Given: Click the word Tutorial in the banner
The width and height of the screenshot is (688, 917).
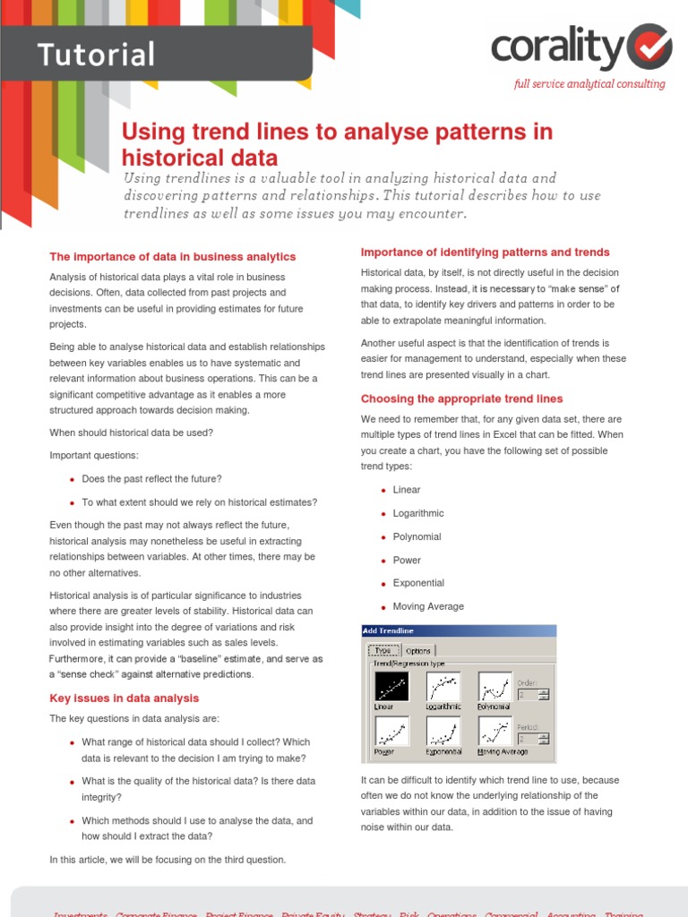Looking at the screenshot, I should [x=96, y=55].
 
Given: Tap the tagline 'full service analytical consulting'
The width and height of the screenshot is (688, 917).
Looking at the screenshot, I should [x=589, y=84].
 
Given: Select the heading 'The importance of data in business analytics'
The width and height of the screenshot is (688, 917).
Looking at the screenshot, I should [x=172, y=257].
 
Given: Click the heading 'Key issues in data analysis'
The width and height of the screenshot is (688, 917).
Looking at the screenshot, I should [x=124, y=698].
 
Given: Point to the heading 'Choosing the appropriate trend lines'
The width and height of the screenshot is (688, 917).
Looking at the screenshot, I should [x=461, y=399].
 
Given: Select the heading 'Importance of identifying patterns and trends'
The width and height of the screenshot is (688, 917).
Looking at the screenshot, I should [x=485, y=253].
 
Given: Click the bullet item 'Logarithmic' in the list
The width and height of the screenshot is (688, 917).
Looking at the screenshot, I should [x=417, y=513].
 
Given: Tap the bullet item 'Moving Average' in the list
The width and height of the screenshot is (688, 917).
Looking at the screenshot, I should [x=427, y=606].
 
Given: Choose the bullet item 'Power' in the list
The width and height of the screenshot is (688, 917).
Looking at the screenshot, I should [x=406, y=560].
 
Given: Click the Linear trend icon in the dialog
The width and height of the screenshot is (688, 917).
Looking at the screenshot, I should [x=391, y=687].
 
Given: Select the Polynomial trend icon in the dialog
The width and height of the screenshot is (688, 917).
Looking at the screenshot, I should [x=494, y=687].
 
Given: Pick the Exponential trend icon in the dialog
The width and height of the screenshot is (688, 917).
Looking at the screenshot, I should [x=443, y=731].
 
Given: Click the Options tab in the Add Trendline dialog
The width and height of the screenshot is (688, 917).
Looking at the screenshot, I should [x=418, y=651].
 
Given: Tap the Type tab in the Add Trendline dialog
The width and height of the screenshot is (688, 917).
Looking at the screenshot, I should [x=383, y=651].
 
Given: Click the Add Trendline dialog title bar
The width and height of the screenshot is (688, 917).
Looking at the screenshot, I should [x=458, y=631].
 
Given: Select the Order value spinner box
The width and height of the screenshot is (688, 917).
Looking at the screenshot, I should [x=528, y=694].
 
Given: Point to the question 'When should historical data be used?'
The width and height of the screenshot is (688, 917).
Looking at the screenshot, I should [x=131, y=433].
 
